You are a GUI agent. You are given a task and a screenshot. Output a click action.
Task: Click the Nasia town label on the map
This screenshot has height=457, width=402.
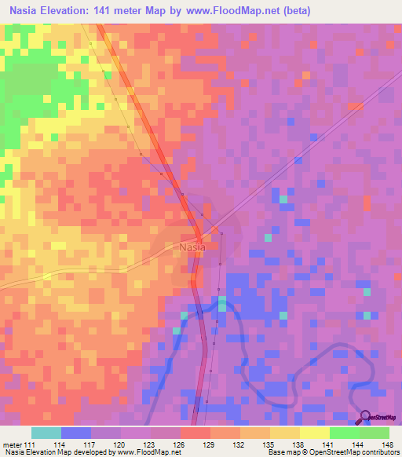click(x=192, y=247)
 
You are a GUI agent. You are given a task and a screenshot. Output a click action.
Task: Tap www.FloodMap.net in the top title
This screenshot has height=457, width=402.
click(x=239, y=11)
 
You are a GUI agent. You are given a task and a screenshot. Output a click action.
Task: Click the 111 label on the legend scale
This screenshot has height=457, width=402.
click(x=31, y=444)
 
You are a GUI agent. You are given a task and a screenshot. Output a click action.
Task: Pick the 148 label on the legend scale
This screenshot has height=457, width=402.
click(x=386, y=444)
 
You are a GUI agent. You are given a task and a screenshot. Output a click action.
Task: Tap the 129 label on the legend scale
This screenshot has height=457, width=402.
click(x=209, y=444)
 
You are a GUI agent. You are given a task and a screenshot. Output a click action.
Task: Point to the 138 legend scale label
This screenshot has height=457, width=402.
click(x=298, y=444)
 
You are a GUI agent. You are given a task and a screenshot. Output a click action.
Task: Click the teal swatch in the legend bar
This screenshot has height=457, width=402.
click(x=46, y=433)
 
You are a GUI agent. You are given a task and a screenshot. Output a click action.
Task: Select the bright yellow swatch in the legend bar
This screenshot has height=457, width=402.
click(x=314, y=433)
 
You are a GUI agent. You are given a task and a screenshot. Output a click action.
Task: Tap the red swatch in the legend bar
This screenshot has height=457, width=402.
click(x=195, y=433)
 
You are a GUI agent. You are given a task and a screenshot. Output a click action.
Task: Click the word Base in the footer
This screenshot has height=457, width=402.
click(x=275, y=452)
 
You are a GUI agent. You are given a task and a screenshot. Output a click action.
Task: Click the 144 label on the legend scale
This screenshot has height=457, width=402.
click(x=356, y=444)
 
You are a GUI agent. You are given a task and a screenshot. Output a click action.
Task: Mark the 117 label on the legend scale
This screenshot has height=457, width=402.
click(x=90, y=444)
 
